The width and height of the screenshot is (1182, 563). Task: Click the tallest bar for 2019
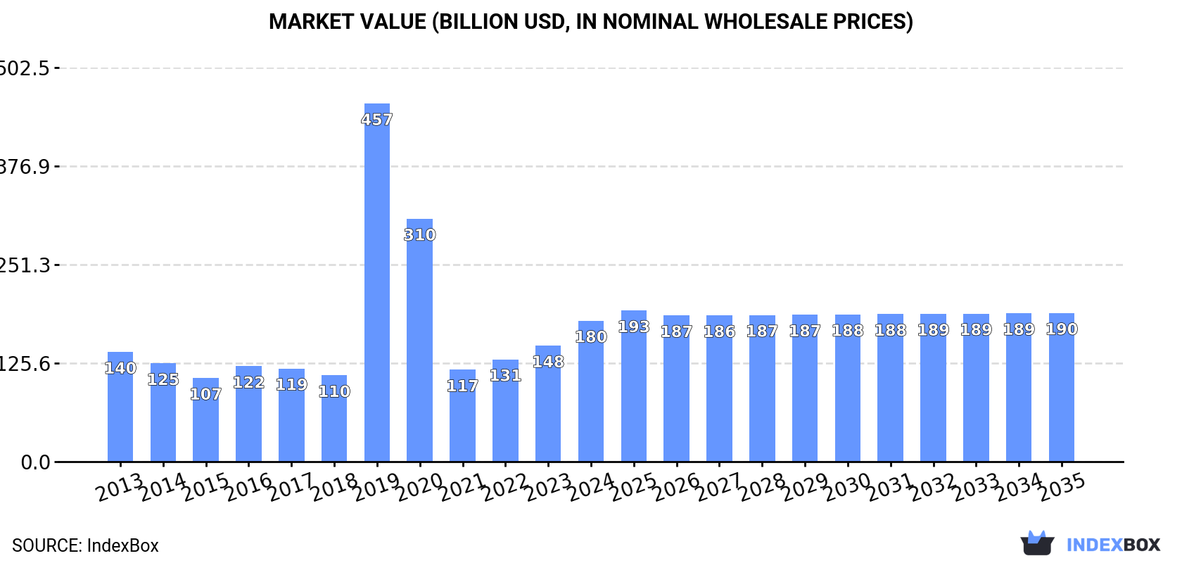coord(376,281)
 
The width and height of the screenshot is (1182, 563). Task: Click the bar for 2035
coord(1061,387)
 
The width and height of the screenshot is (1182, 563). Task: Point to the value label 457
coord(376,120)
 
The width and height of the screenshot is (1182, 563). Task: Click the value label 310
coord(419,235)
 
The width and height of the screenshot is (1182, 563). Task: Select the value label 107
coord(205,394)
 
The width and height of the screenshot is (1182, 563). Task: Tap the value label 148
coord(548,362)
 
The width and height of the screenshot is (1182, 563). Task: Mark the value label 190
coord(1061,329)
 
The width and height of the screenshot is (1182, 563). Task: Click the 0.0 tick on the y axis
coord(35,462)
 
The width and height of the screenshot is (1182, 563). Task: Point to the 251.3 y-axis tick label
coord(25,265)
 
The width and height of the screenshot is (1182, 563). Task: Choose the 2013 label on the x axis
coord(119,488)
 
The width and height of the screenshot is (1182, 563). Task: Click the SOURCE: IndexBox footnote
coord(85,545)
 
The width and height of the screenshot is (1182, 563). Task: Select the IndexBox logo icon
coord(1037,543)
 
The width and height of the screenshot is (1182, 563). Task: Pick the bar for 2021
coord(462,415)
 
